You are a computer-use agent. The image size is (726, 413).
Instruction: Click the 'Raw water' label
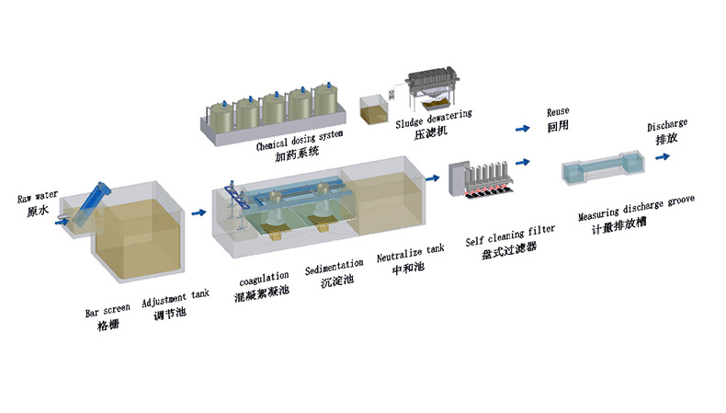[x=38, y=197]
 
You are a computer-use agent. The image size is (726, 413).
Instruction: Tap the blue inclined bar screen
[x=92, y=204]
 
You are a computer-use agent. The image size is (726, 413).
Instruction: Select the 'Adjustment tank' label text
[x=175, y=297]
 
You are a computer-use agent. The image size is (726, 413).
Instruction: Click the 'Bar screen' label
[x=108, y=310]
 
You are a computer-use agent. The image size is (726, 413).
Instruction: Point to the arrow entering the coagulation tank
[x=199, y=212]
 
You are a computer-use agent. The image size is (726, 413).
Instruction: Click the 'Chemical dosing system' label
[x=300, y=140]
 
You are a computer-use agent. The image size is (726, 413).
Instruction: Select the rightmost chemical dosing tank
[x=325, y=98]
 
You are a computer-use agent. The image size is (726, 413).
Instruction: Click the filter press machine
[x=433, y=86]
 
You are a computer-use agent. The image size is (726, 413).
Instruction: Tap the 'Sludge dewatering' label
[x=434, y=119]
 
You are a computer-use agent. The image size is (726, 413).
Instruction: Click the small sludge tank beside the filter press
[x=374, y=109]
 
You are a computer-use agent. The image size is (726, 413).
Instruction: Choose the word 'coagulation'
[x=264, y=278]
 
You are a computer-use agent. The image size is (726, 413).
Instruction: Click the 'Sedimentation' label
[x=334, y=267]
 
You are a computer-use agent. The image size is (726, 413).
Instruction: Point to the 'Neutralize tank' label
[x=410, y=253]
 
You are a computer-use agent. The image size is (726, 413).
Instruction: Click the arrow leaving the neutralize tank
[x=433, y=178]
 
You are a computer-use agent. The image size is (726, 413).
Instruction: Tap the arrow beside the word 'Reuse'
[x=523, y=129]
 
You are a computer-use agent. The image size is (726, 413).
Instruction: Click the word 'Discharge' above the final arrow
[x=667, y=125]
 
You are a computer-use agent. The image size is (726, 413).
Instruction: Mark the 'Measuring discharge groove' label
[x=636, y=208]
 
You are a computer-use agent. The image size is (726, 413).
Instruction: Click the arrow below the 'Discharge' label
[x=663, y=156]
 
